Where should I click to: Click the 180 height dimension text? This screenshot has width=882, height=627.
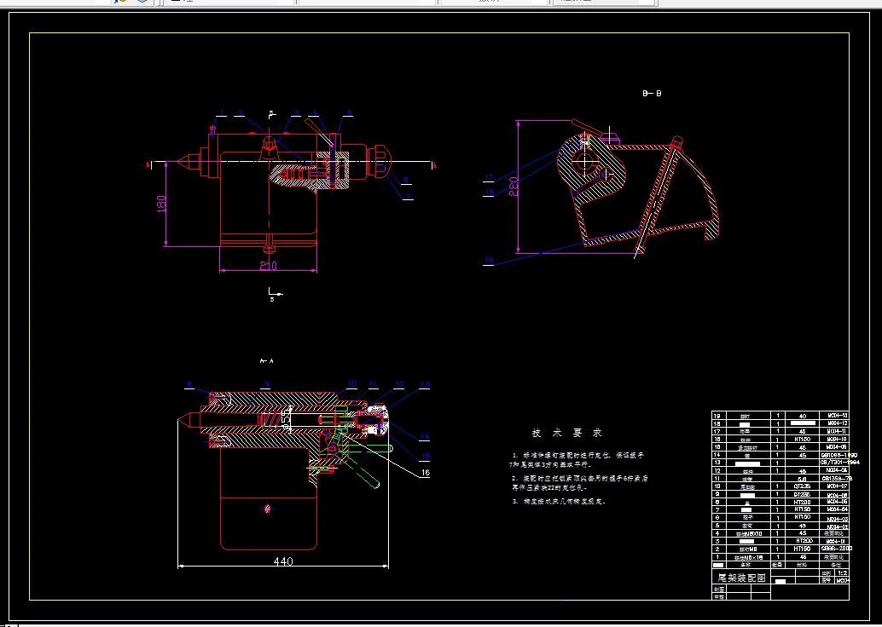coord(160,205)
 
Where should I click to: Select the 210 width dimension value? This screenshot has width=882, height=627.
coord(269,265)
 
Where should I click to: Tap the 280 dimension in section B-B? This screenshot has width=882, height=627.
coord(514,187)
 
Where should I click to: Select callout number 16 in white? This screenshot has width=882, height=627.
coord(426,470)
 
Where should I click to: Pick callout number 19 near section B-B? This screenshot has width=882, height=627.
coord(489,260)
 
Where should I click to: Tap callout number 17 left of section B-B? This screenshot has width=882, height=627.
coord(489,177)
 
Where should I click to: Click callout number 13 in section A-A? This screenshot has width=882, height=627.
coord(426,384)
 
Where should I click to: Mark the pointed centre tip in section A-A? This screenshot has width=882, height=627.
coord(183,419)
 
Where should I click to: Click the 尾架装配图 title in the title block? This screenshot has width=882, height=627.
coord(739,577)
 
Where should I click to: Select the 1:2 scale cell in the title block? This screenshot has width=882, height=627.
coord(842,573)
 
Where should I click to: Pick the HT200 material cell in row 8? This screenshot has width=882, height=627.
coord(801,502)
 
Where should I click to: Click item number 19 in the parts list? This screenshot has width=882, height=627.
coord(717,416)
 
